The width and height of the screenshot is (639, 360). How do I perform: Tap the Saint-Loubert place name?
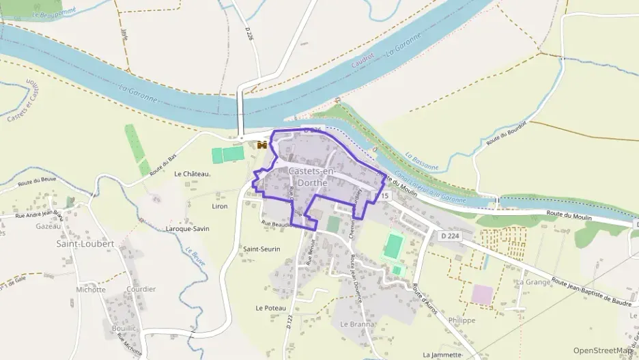point(85,243)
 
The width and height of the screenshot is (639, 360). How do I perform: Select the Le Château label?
point(193,174)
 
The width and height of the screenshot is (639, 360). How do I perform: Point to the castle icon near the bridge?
point(261,145)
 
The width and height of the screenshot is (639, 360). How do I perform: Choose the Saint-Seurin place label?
point(262,249)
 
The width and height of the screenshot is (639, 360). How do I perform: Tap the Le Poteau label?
point(271,308)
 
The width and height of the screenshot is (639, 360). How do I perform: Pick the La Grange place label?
point(533,281)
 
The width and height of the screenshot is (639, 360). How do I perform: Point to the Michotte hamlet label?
point(91,290)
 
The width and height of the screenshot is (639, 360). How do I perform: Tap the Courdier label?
point(141,289)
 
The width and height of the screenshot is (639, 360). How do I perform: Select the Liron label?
point(220,206)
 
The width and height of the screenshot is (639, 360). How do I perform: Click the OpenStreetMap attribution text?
point(603,350)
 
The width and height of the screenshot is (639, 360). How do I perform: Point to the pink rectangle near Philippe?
point(481,294)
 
